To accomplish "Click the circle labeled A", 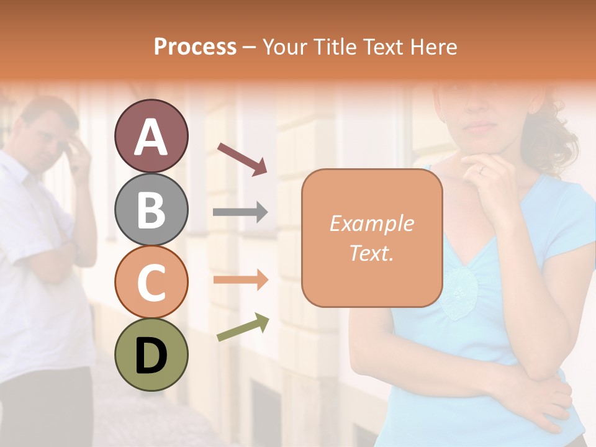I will click(151, 136).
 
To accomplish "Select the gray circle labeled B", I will click(151, 209).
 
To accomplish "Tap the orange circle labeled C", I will click(151, 282).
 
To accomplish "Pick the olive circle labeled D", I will click(151, 354).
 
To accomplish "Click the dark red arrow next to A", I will click(242, 159).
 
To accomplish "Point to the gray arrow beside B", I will click(240, 212).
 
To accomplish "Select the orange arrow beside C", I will click(240, 280).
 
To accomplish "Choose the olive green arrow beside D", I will click(243, 327).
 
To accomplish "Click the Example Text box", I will click(372, 238).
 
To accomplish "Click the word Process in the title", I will click(195, 47).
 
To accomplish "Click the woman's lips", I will click(480, 127).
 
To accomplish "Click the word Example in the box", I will click(372, 223).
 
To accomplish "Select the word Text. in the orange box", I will click(372, 253).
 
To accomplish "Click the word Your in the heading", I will click(285, 47).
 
